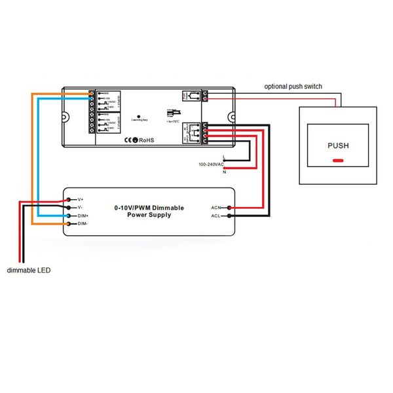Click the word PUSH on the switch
tap(338, 145)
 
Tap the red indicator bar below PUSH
tap(338, 160)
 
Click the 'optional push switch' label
tap(293, 86)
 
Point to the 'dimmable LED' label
tap(28, 270)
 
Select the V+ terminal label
tap(80, 198)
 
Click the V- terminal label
tap(80, 207)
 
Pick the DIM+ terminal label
tap(82, 215)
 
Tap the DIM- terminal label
tap(82, 224)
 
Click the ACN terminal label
tap(216, 208)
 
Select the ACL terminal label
tap(216, 215)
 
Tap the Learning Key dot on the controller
tap(139, 115)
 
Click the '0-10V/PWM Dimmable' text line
tap(149, 208)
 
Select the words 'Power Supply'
tap(149, 215)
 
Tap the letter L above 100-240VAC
tap(225, 157)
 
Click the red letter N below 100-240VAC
tap(225, 172)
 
